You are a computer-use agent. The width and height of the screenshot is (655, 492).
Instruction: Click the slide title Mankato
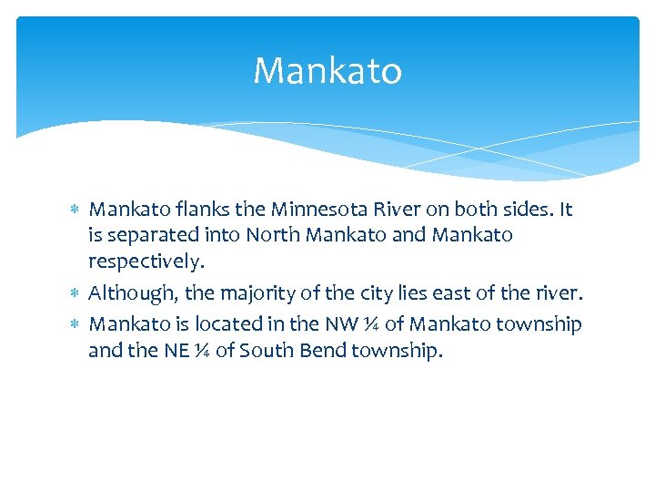(327, 71)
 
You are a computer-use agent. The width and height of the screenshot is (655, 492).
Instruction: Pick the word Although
(133, 293)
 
